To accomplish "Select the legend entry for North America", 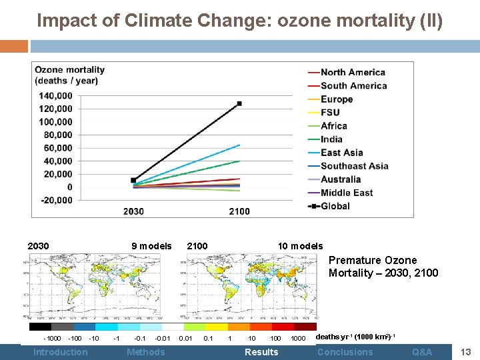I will [x=353, y=72].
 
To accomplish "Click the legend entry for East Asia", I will [x=341, y=153].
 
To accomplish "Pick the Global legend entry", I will [x=335, y=206].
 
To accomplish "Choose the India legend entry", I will [x=331, y=139].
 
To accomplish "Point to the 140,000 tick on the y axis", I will [x=56, y=95].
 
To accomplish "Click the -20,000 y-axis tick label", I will [x=56, y=200].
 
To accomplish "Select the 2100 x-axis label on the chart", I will [x=239, y=211].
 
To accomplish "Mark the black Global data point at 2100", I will [x=239, y=103].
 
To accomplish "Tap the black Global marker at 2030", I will [x=133, y=180].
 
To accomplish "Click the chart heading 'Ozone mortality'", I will [x=70, y=69].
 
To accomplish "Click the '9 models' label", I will [x=151, y=246].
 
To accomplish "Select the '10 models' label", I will [x=300, y=246].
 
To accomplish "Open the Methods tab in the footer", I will [x=145, y=352].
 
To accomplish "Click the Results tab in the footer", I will [x=261, y=352].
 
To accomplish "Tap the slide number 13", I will [x=466, y=352].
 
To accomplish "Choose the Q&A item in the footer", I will [x=421, y=352].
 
